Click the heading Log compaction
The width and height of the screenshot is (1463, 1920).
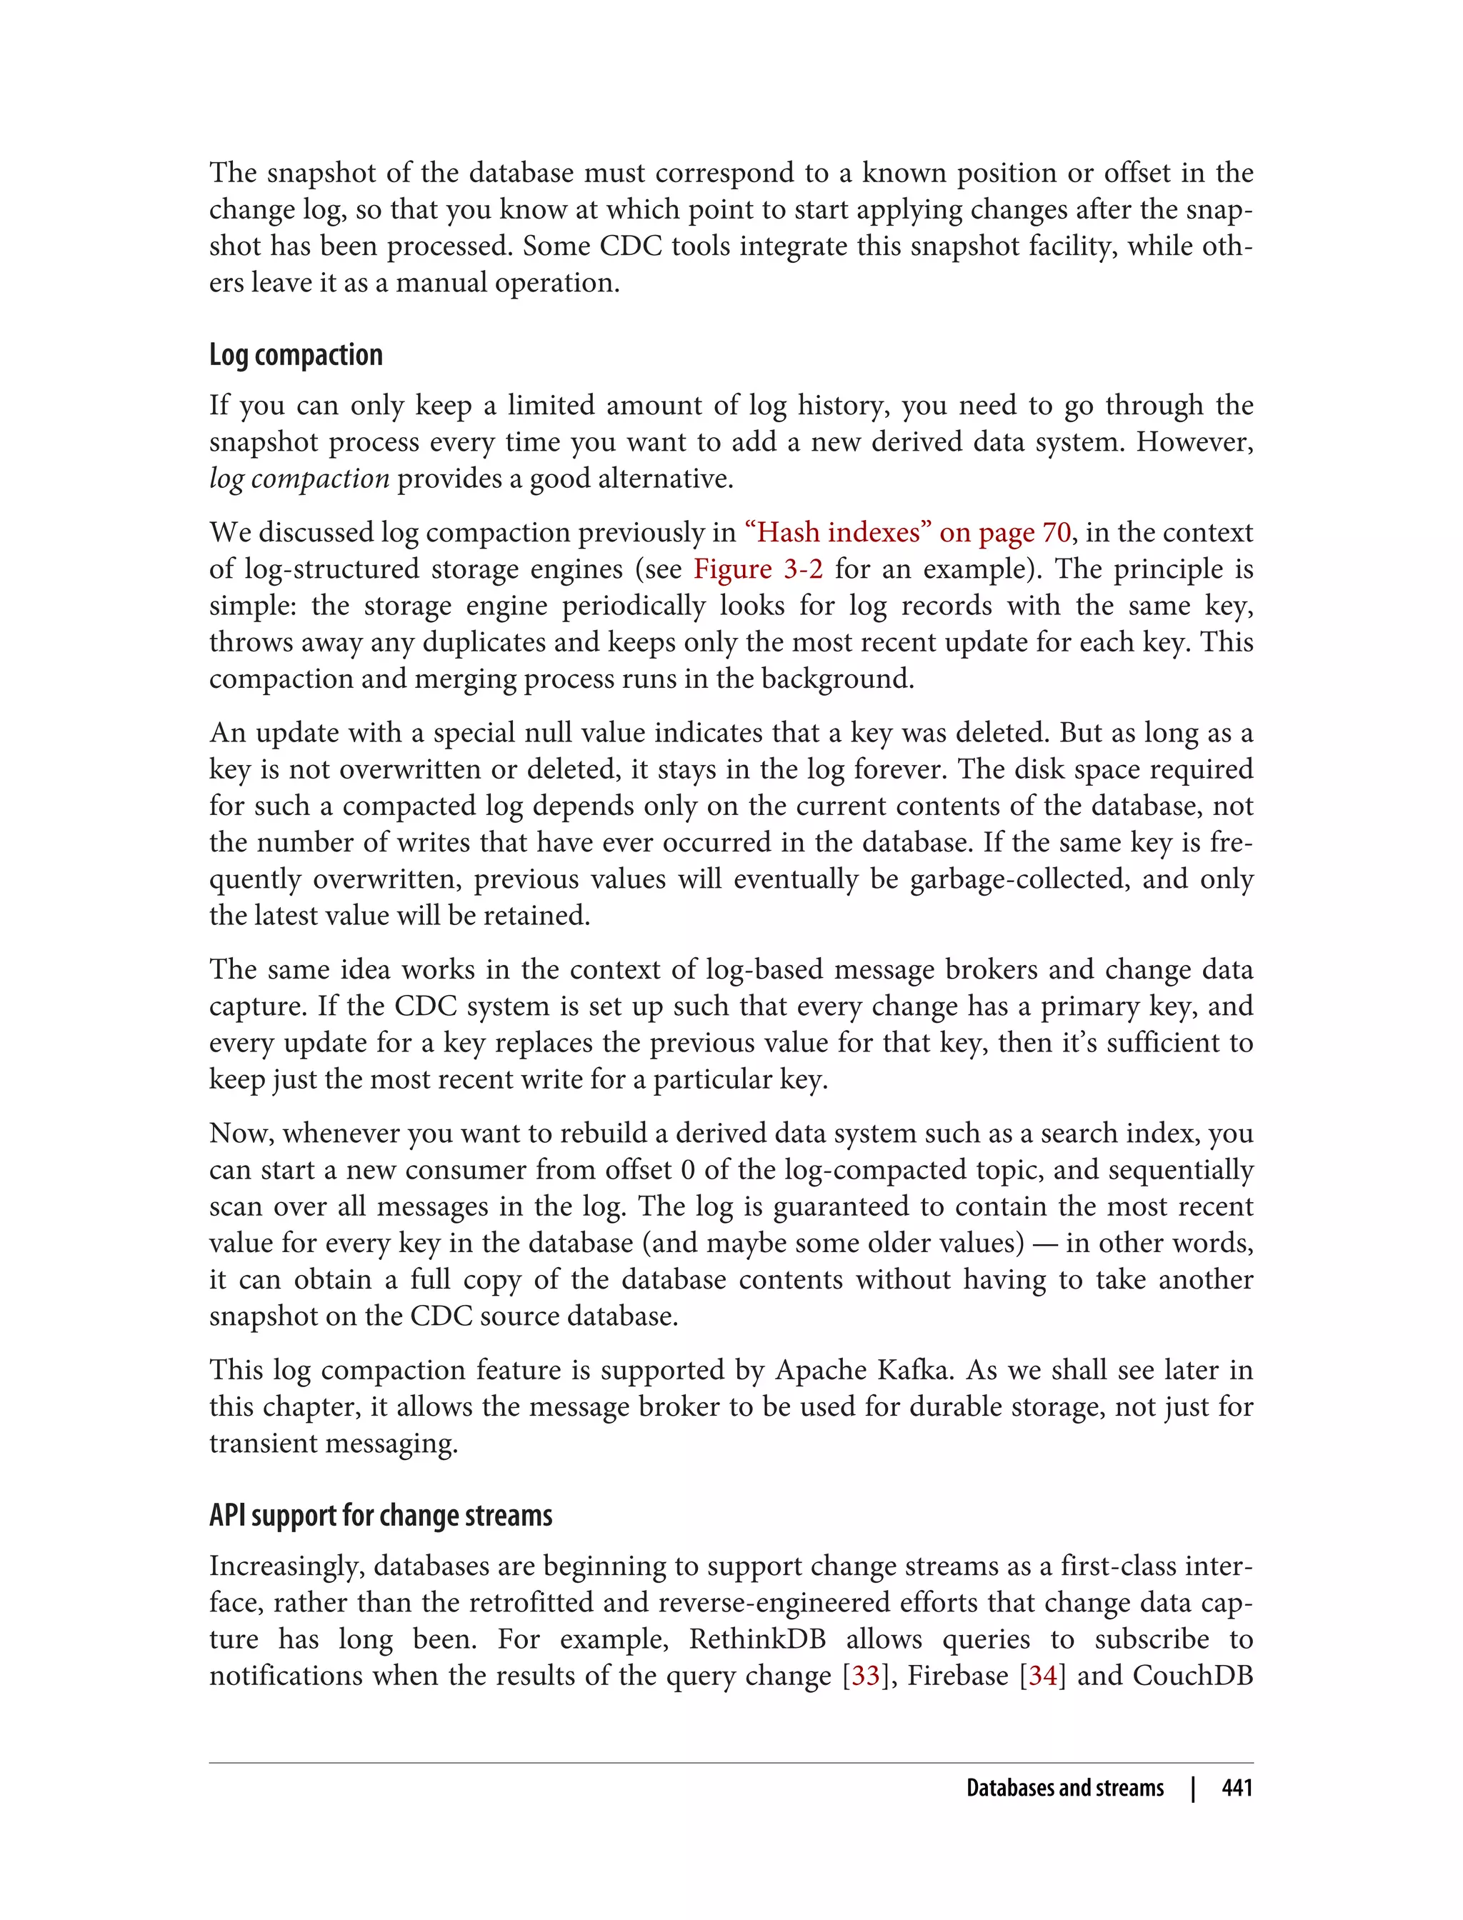(x=295, y=355)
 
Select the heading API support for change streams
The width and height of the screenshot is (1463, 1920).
(x=381, y=1516)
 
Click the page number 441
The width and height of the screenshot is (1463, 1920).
(x=1237, y=1788)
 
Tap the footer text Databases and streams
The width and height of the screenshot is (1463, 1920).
(x=1064, y=1788)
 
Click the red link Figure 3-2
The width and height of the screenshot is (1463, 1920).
(x=758, y=569)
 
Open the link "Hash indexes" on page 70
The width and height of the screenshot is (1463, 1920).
(x=908, y=533)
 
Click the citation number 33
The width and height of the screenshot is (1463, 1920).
(x=866, y=1676)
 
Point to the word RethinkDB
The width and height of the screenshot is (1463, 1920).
(x=757, y=1639)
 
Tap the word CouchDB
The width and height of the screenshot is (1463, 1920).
(x=1192, y=1676)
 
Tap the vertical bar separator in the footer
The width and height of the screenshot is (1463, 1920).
(x=1193, y=1788)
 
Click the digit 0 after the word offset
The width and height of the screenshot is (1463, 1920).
(x=687, y=1170)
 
